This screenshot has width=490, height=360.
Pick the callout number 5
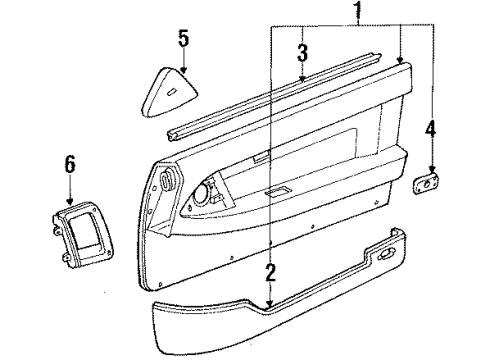pyautogui.click(x=182, y=39)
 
